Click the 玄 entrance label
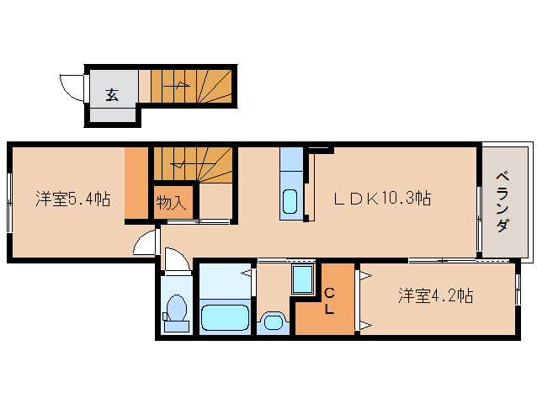pyautogui.click(x=112, y=94)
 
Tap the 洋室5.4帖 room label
pyautogui.click(x=72, y=199)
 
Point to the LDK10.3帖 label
pyautogui.click(x=382, y=199)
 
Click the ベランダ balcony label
pyautogui.click(x=502, y=202)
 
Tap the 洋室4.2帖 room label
pyautogui.click(x=435, y=296)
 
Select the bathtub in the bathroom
pyautogui.click(x=225, y=318)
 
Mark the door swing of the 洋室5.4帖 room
pyautogui.click(x=147, y=243)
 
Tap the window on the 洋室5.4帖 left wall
pyautogui.click(x=10, y=202)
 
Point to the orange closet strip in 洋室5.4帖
pyautogui.click(x=136, y=184)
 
